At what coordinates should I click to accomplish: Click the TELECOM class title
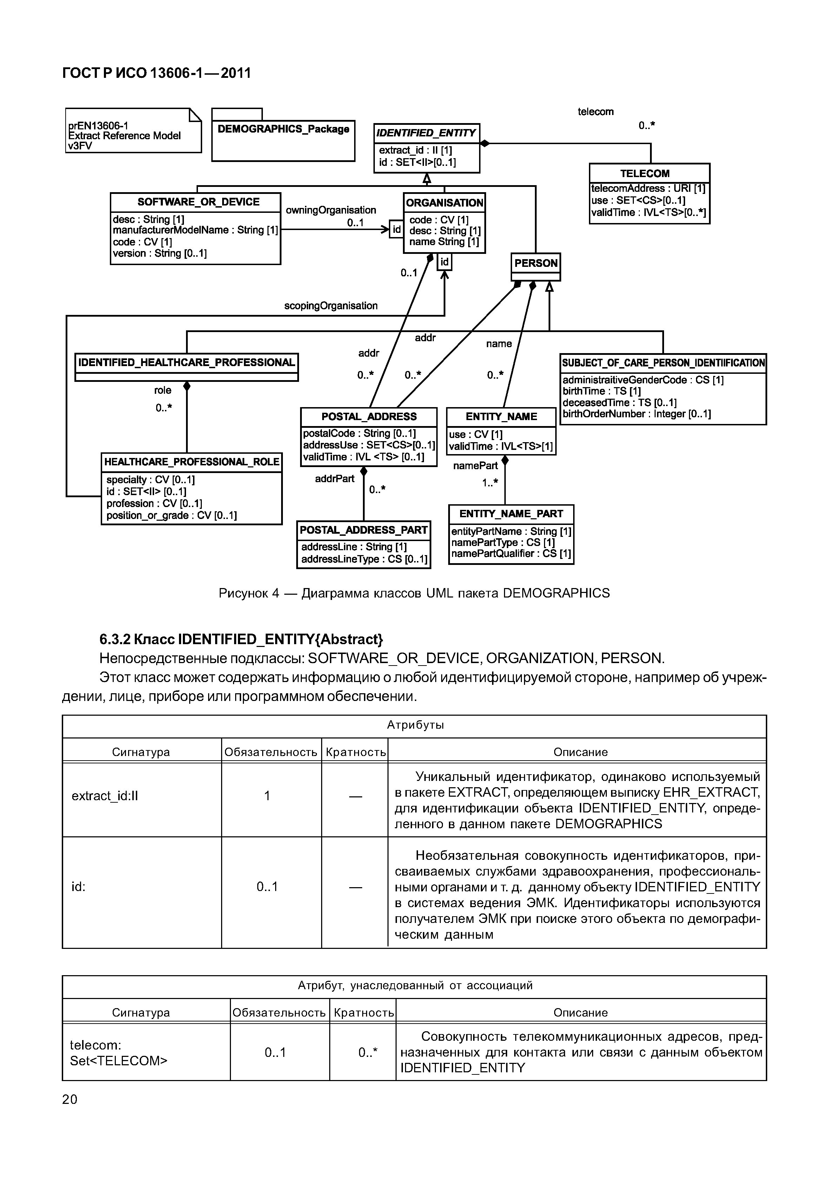645,173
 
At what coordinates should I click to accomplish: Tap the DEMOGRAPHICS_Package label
283,129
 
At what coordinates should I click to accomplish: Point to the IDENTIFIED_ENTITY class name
426,133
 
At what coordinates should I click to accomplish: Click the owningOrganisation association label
331,210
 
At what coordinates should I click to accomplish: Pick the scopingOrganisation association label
331,306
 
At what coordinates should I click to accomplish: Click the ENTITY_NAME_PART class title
511,514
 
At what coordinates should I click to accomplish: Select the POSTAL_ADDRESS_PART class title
364,530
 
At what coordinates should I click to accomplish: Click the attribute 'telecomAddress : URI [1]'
648,188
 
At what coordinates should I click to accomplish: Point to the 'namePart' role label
475,466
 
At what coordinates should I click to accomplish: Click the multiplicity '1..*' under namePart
490,483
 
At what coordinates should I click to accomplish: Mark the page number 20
69,1099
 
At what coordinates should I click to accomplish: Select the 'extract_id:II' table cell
105,796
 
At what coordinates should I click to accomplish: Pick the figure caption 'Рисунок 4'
414,593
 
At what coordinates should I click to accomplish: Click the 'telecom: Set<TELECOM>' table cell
118,1053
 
